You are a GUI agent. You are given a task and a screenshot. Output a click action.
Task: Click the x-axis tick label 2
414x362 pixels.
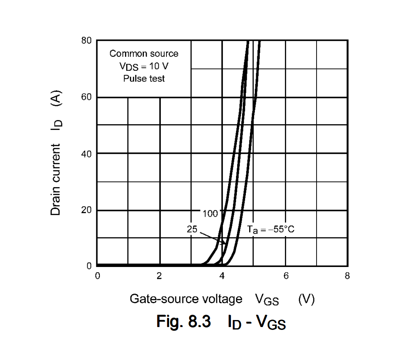pyautogui.click(x=160, y=276)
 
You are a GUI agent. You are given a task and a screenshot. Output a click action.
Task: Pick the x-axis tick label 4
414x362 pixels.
pyautogui.click(x=222, y=276)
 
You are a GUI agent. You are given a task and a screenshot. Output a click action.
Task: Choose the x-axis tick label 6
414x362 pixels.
pyautogui.click(x=285, y=276)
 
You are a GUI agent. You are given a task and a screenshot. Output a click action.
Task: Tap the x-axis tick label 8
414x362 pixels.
pyautogui.click(x=347, y=276)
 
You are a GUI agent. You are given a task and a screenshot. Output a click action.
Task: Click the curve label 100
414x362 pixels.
pyautogui.click(x=210, y=213)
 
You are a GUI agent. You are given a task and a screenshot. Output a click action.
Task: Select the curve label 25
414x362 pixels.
pyautogui.click(x=192, y=229)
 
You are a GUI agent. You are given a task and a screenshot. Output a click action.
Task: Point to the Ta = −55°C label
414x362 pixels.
pyautogui.click(x=271, y=230)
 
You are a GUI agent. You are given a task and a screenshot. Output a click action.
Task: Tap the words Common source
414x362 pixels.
pyautogui.click(x=144, y=53)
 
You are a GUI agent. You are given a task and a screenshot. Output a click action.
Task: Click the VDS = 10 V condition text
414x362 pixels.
pyautogui.click(x=144, y=66)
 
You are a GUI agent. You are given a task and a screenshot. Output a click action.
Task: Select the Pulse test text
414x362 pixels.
pyautogui.click(x=144, y=78)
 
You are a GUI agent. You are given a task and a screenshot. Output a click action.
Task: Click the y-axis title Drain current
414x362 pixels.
pyautogui.click(x=56, y=179)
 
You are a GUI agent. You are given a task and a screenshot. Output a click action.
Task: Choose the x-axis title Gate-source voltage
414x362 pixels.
pyautogui.click(x=186, y=299)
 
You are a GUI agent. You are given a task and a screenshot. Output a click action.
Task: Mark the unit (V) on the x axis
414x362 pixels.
pyautogui.click(x=306, y=299)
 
